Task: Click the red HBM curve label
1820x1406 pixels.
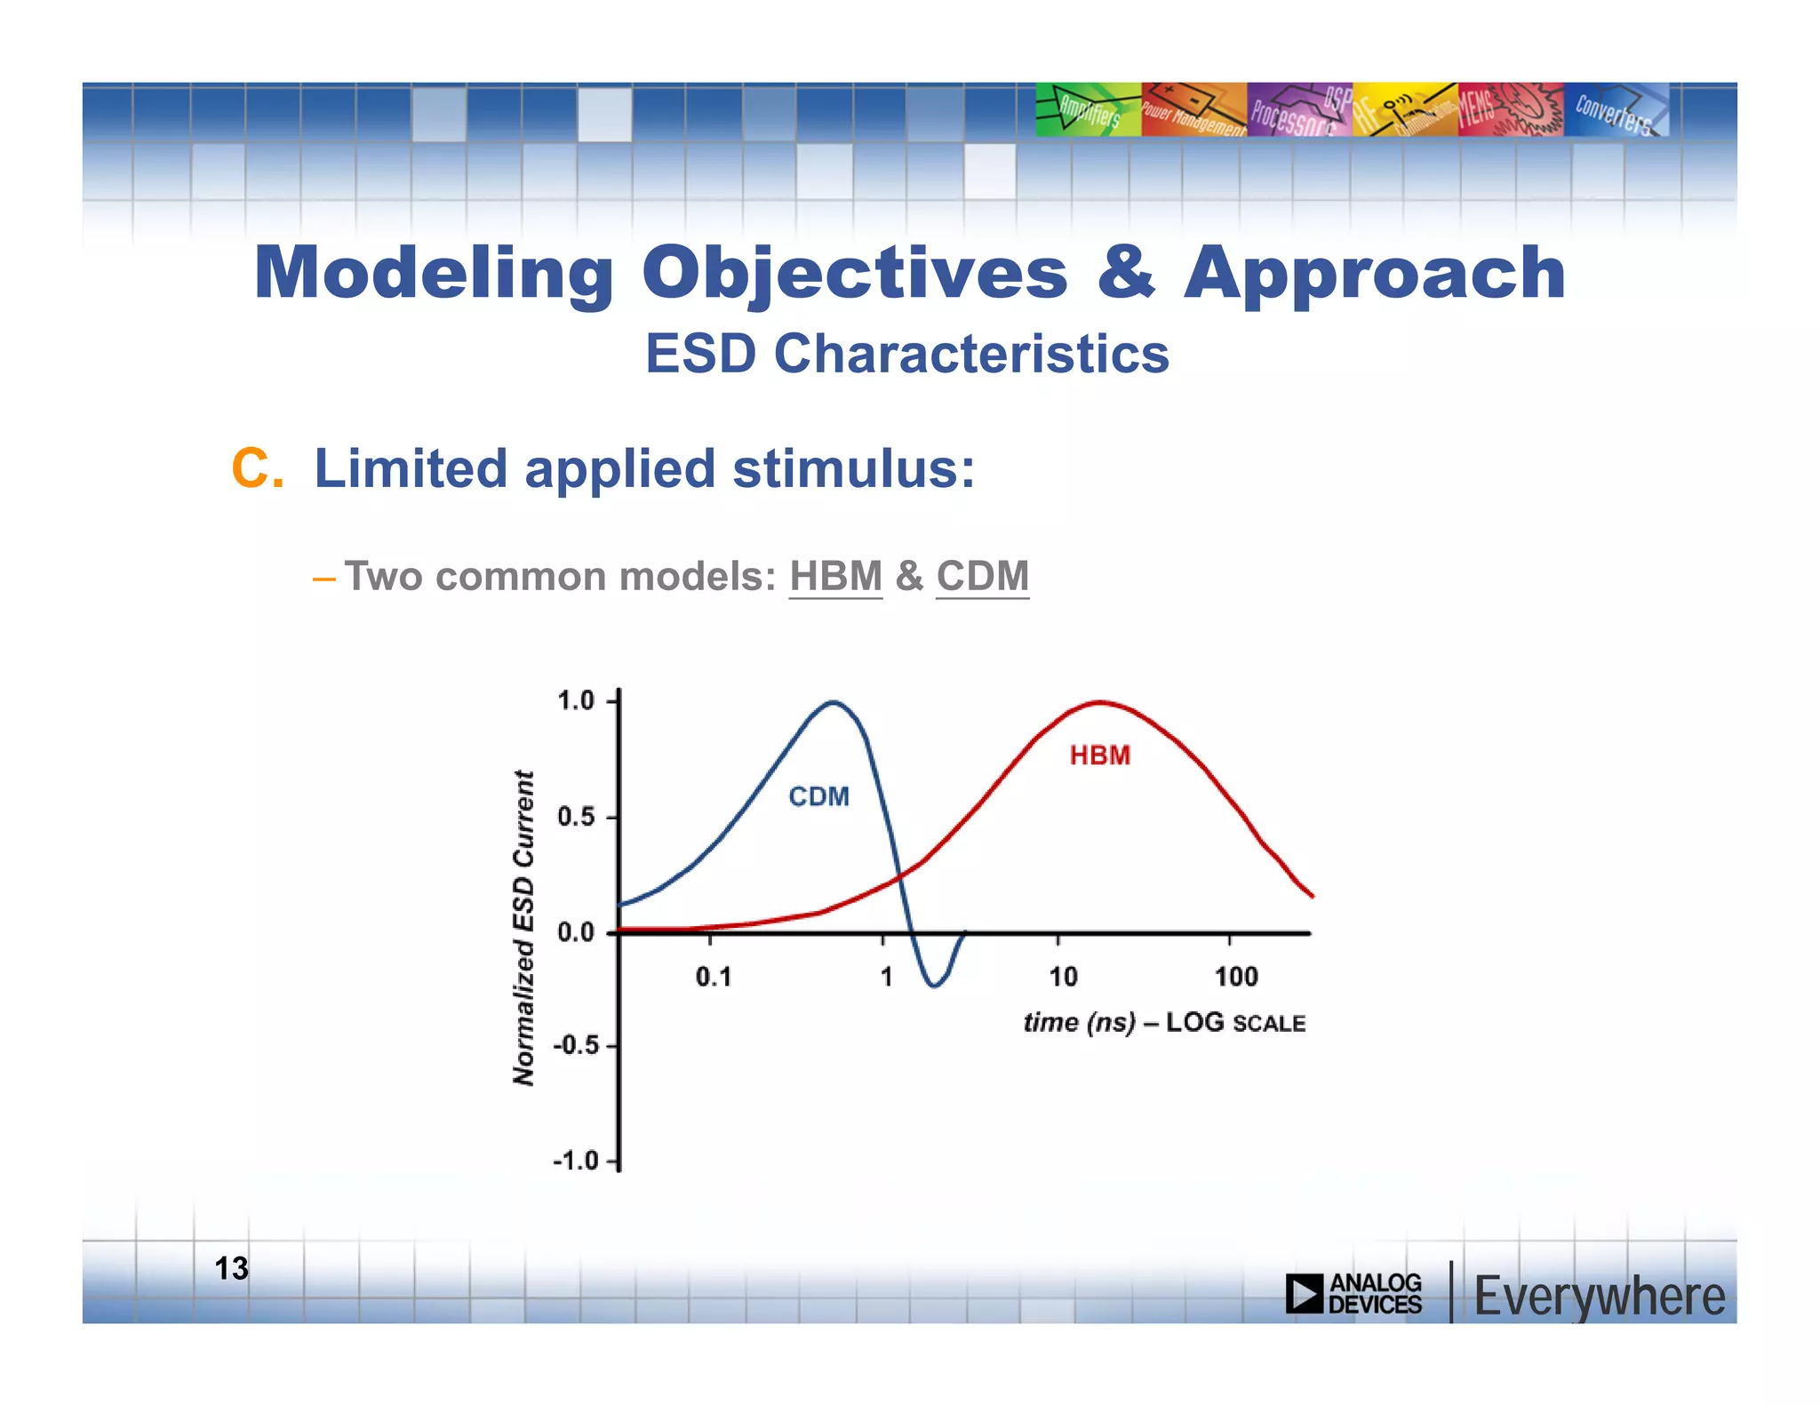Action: click(x=1099, y=755)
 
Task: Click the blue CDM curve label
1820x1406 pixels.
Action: click(x=818, y=796)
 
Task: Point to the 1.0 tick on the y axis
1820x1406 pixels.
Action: click(x=576, y=701)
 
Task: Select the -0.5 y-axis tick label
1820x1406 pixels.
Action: click(x=575, y=1045)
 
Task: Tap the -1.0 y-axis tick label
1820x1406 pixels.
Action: click(x=575, y=1161)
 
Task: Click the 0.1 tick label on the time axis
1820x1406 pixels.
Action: click(x=713, y=978)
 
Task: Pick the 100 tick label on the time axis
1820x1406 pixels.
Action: click(x=1235, y=978)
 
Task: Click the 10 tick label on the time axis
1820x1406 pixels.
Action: click(x=1063, y=978)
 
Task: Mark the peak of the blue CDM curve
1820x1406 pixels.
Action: click(x=833, y=702)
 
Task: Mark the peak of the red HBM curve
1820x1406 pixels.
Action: click(x=1100, y=702)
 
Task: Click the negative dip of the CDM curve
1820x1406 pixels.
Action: click(x=934, y=985)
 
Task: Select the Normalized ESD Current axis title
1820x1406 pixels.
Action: click(x=524, y=927)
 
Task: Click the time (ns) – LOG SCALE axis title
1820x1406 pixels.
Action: click(x=1164, y=1023)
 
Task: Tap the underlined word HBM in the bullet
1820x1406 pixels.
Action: click(x=835, y=576)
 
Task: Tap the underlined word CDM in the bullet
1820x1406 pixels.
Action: click(x=982, y=576)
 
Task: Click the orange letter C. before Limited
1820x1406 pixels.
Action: click(x=257, y=468)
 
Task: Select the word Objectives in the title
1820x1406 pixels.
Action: click(x=854, y=273)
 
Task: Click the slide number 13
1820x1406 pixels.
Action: click(x=232, y=1268)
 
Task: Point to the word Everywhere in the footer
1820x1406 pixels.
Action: click(x=1599, y=1296)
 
